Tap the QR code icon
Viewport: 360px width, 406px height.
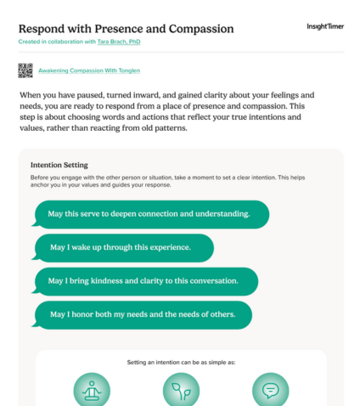pyautogui.click(x=25, y=70)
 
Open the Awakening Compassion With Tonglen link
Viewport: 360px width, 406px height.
pyautogui.click(x=89, y=70)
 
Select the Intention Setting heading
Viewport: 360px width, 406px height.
pyautogui.click(x=59, y=165)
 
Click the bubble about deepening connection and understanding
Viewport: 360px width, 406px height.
pyautogui.click(x=150, y=213)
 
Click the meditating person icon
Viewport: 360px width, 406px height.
pyautogui.click(x=91, y=390)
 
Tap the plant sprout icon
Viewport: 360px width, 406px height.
pyautogui.click(x=181, y=390)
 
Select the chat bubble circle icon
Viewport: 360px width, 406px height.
pyautogui.click(x=270, y=390)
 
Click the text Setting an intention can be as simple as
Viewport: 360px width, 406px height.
pyautogui.click(x=181, y=362)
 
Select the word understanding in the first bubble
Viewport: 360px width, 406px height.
pyautogui.click(x=222, y=213)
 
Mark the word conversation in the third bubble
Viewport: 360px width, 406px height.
pyautogui.click(x=208, y=280)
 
